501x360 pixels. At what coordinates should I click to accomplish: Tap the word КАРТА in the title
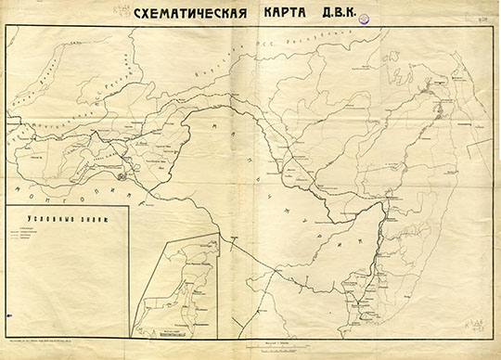coord(276,15)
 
